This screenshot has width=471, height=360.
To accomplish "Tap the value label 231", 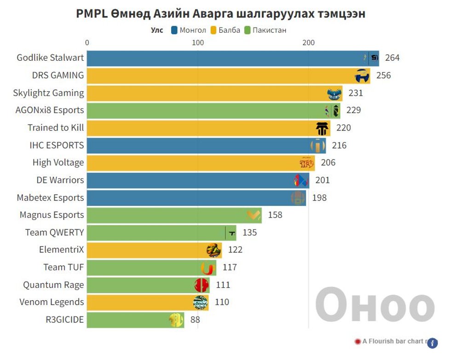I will point(356,93).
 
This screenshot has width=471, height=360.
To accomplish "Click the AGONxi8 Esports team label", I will point(50,110).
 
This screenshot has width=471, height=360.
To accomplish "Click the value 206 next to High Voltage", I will point(328,163).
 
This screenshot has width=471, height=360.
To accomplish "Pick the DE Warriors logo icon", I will point(300,180).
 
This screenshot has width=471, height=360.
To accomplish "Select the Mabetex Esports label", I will point(50,198).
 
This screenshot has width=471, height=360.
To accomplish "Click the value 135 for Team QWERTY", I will point(249,233).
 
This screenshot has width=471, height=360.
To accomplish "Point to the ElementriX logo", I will point(213,250).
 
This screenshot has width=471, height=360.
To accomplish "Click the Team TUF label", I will point(63,268).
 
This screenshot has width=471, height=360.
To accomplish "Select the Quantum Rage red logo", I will point(201,285).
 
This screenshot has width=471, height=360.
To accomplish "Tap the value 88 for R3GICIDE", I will point(195,320).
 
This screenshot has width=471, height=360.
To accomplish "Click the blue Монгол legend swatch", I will point(174,30).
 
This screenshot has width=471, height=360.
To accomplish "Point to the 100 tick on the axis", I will point(198,43).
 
